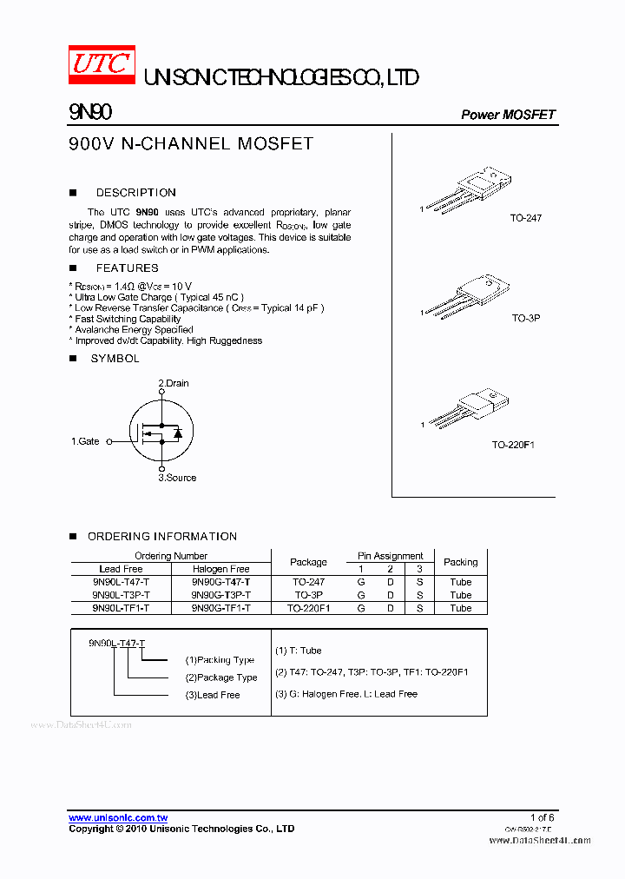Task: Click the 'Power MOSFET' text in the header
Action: tap(508, 115)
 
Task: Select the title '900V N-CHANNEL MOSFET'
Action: tap(190, 144)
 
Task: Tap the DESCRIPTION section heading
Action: tap(135, 193)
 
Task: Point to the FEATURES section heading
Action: tap(127, 268)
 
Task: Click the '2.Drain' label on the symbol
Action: tap(174, 383)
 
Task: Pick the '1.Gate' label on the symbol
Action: tap(85, 441)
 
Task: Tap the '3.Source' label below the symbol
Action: tap(177, 478)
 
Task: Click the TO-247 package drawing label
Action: tap(525, 218)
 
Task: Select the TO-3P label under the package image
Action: tap(525, 319)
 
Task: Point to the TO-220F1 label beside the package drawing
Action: tap(513, 445)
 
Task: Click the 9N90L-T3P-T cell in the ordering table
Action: tap(121, 595)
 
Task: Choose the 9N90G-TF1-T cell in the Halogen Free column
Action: tap(220, 608)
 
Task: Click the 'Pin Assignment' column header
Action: tap(390, 556)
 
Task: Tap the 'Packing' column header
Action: tap(460, 562)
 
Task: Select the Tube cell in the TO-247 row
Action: tap(460, 582)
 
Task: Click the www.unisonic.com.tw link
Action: tap(118, 817)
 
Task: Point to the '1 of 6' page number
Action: tap(542, 817)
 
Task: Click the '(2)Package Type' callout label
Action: tap(221, 677)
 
